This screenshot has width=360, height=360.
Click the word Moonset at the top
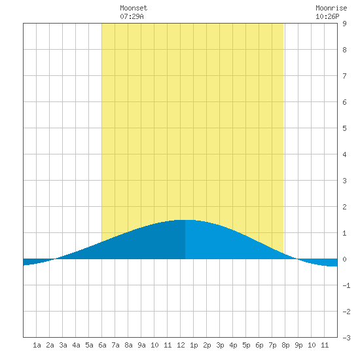click(134, 8)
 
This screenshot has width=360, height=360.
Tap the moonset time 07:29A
click(132, 16)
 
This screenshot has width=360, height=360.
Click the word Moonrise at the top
click(331, 8)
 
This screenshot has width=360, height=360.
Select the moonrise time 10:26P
click(327, 16)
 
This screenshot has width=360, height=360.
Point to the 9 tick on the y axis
click(344, 24)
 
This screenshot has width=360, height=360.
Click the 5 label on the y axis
click(344, 128)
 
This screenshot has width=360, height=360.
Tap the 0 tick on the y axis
click(344, 259)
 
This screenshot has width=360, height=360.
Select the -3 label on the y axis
click(346, 338)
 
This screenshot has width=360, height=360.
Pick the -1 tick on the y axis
click(346, 285)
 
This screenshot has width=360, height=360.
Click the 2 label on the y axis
click(344, 207)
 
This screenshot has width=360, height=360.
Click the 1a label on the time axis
click(37, 345)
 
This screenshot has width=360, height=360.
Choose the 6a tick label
click(102, 345)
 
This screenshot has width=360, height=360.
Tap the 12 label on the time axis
click(181, 345)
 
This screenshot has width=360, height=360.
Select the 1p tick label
click(194, 345)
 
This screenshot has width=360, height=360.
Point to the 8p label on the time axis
click(285, 345)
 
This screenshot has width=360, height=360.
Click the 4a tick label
click(76, 345)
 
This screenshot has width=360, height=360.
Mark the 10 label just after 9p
click(312, 345)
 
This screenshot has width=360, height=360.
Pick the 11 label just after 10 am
click(168, 345)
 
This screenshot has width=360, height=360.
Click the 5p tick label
click(246, 345)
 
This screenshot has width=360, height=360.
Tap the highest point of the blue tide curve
click(185, 220)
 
